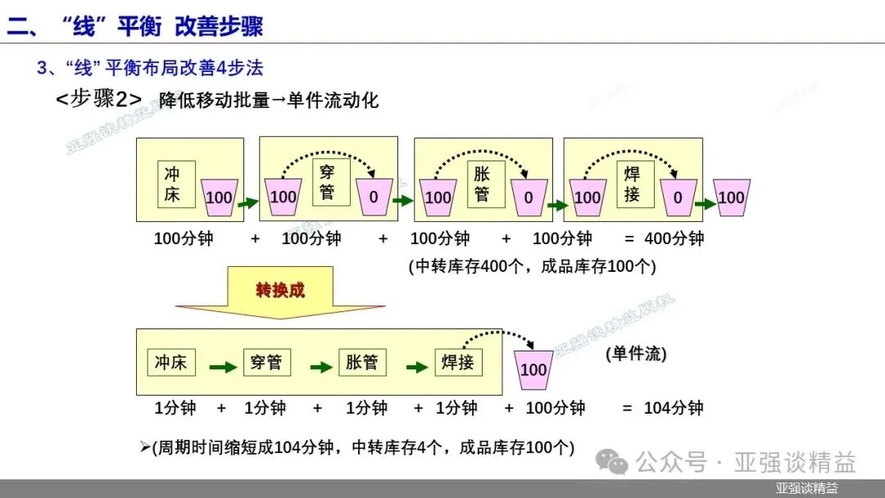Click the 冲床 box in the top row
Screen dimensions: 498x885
[172, 185]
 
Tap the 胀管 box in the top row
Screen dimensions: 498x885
[481, 185]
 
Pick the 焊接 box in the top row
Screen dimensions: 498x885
[632, 184]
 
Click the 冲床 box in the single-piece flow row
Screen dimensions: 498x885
[170, 362]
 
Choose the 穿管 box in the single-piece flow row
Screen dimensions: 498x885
[267, 362]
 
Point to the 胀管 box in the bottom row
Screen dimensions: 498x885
[362, 362]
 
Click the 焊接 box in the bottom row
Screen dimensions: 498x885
[458, 362]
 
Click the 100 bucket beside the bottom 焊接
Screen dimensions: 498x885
[533, 369]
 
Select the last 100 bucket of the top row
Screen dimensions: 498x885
[731, 197]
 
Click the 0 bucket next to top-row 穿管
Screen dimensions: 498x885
[374, 197]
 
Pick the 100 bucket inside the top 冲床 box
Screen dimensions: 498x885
[219, 197]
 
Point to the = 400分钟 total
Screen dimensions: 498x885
[664, 239]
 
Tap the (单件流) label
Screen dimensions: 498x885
[636, 355]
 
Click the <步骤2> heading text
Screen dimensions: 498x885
[98, 100]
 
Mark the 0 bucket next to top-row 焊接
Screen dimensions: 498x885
[678, 197]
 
